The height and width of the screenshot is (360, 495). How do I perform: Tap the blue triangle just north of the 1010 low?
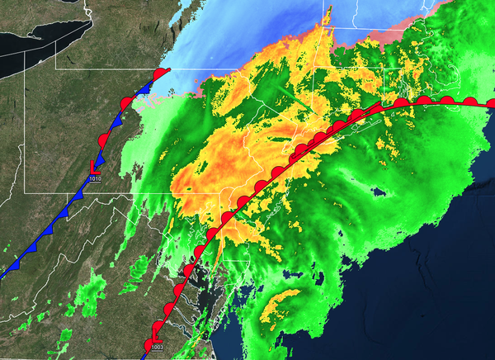pyautogui.click(x=100, y=156)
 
